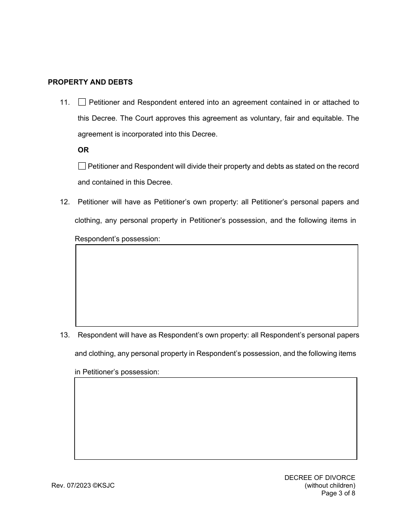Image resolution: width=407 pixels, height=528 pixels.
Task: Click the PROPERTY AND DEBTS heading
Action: pos(90,82)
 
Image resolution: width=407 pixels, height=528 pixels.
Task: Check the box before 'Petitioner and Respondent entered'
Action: pos(82,102)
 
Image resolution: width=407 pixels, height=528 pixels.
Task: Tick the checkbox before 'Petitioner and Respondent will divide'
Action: pos(82,166)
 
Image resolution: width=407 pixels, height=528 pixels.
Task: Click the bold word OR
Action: pos(83,150)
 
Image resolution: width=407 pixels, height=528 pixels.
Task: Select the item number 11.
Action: pos(65,103)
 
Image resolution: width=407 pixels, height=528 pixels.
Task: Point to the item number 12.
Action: pos(65,202)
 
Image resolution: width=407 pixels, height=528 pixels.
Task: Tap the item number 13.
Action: pos(65,335)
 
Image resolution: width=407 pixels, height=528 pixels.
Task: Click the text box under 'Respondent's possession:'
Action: pos(216,285)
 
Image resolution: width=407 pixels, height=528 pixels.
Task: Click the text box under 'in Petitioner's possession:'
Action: pos(215,419)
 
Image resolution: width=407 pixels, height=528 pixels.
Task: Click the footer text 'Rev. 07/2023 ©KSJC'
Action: pos(83,486)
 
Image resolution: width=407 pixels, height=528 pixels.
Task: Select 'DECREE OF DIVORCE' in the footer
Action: pos(320,478)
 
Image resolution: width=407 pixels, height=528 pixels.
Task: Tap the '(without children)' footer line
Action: pos(330,486)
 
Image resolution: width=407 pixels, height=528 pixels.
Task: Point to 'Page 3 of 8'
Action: pos(338,493)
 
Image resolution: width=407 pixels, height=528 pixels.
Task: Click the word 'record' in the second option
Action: pos(349,167)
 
